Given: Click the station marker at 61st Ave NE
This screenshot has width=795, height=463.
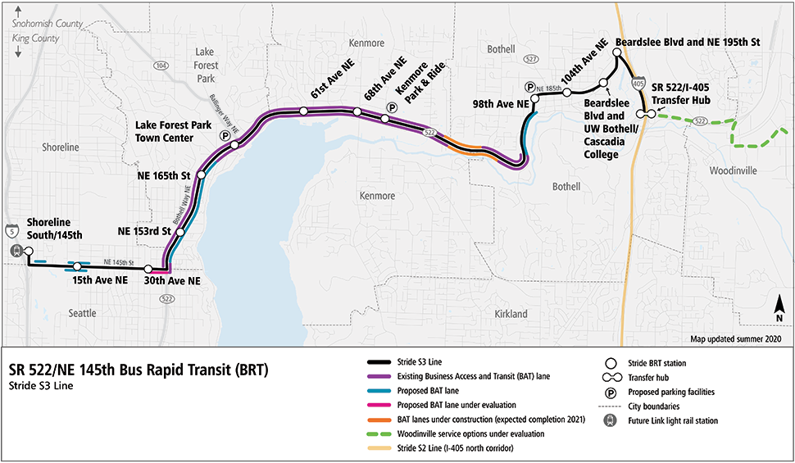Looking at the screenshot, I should pyautogui.click(x=303, y=111).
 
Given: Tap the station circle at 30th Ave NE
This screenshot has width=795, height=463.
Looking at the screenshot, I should pyautogui.click(x=148, y=269).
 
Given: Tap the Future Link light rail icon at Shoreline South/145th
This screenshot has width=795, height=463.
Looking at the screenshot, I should pyautogui.click(x=14, y=252).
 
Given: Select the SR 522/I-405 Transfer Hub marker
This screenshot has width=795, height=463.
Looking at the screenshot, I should pyautogui.click(x=648, y=114).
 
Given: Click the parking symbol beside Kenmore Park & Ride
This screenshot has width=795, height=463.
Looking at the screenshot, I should pyautogui.click(x=392, y=107).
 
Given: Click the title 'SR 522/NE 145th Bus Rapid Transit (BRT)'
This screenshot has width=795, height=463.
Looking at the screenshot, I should pyautogui.click(x=139, y=370).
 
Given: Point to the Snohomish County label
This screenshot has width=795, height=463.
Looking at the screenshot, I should pyautogui.click(x=47, y=25).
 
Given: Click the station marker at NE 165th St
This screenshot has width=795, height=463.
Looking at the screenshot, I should pyautogui.click(x=202, y=175).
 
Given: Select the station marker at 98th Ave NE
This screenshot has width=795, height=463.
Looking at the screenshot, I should pyautogui.click(x=534, y=98).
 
